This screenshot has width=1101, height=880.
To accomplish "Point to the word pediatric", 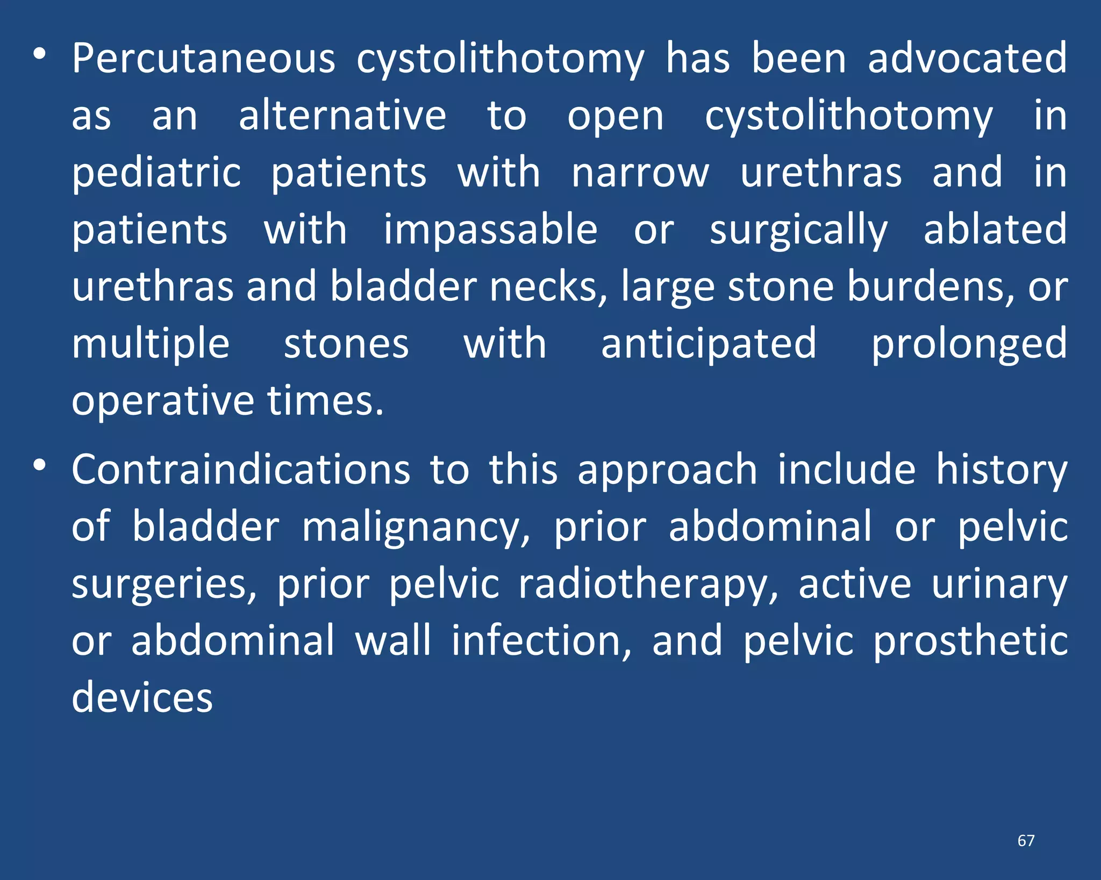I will [x=156, y=173].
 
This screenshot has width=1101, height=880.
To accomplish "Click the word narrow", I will [x=640, y=173].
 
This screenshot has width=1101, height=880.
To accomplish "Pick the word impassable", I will [x=490, y=230].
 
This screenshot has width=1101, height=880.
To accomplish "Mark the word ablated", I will [x=995, y=229].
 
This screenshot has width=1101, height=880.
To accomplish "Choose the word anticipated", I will [x=709, y=344].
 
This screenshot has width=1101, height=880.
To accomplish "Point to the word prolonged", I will [x=969, y=345].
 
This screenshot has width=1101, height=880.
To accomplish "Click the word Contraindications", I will [x=241, y=470].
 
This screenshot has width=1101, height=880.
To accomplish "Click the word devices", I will [x=142, y=698].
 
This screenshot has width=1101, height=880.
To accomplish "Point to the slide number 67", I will [x=1026, y=841].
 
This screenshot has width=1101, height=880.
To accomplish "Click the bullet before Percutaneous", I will [x=39, y=55].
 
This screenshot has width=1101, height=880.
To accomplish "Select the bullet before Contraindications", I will [x=39, y=466].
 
